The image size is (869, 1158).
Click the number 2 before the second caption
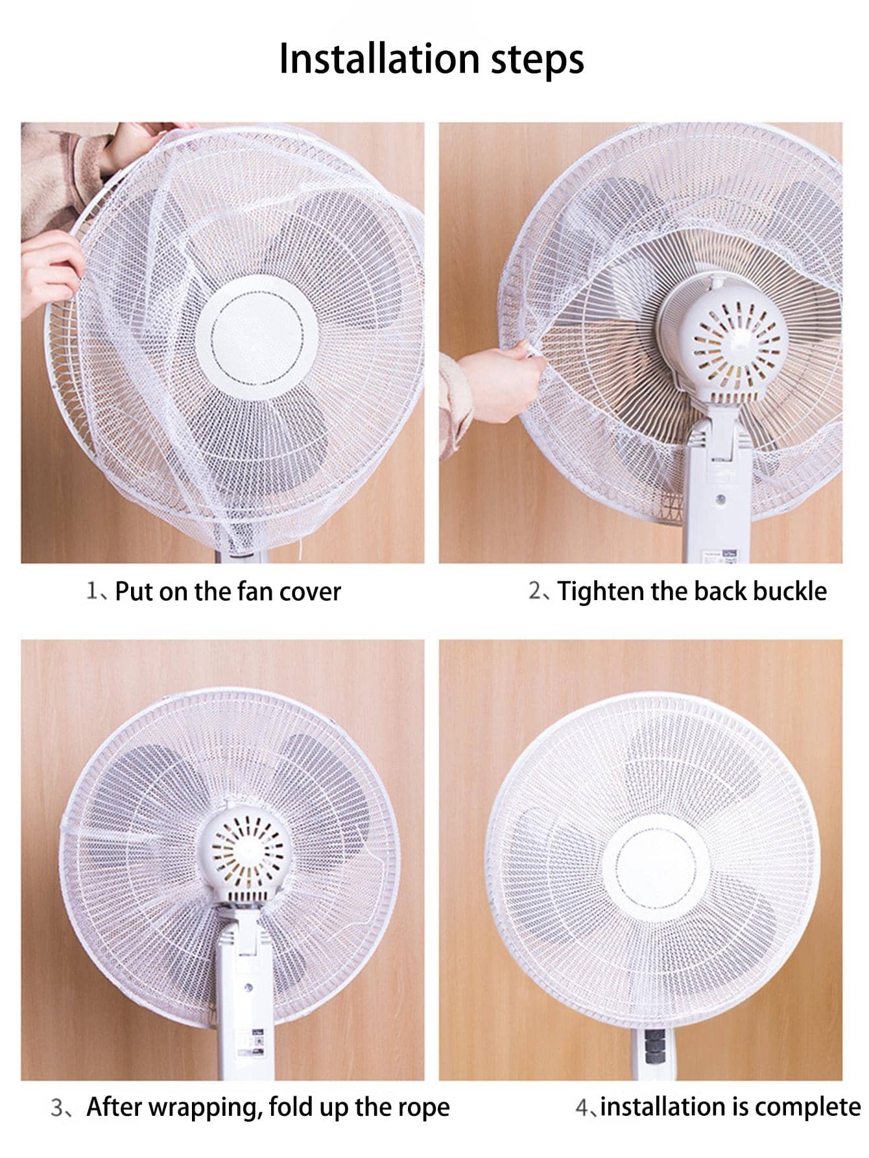(534, 591)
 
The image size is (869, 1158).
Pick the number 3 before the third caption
(57, 1107)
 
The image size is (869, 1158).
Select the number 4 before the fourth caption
(581, 1107)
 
